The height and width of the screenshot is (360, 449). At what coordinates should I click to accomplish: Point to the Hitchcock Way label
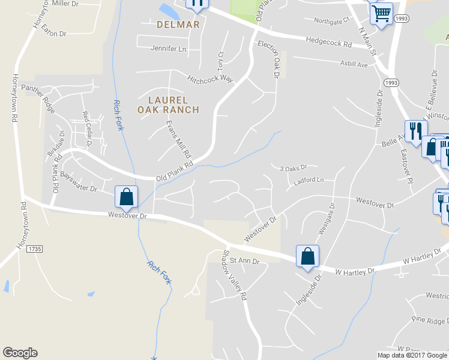point(209,79)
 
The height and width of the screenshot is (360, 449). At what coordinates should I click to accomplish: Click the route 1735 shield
point(35,248)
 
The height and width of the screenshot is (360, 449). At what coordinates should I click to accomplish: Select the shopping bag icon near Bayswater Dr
point(126,197)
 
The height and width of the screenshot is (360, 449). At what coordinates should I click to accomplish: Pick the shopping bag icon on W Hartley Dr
point(307,256)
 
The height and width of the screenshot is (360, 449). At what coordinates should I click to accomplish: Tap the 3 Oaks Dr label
point(294,167)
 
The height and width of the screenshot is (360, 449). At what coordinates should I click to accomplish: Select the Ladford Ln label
point(309,180)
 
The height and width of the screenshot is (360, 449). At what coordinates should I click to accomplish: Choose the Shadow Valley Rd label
point(235,275)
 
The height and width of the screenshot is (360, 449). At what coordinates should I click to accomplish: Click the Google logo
point(20,353)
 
